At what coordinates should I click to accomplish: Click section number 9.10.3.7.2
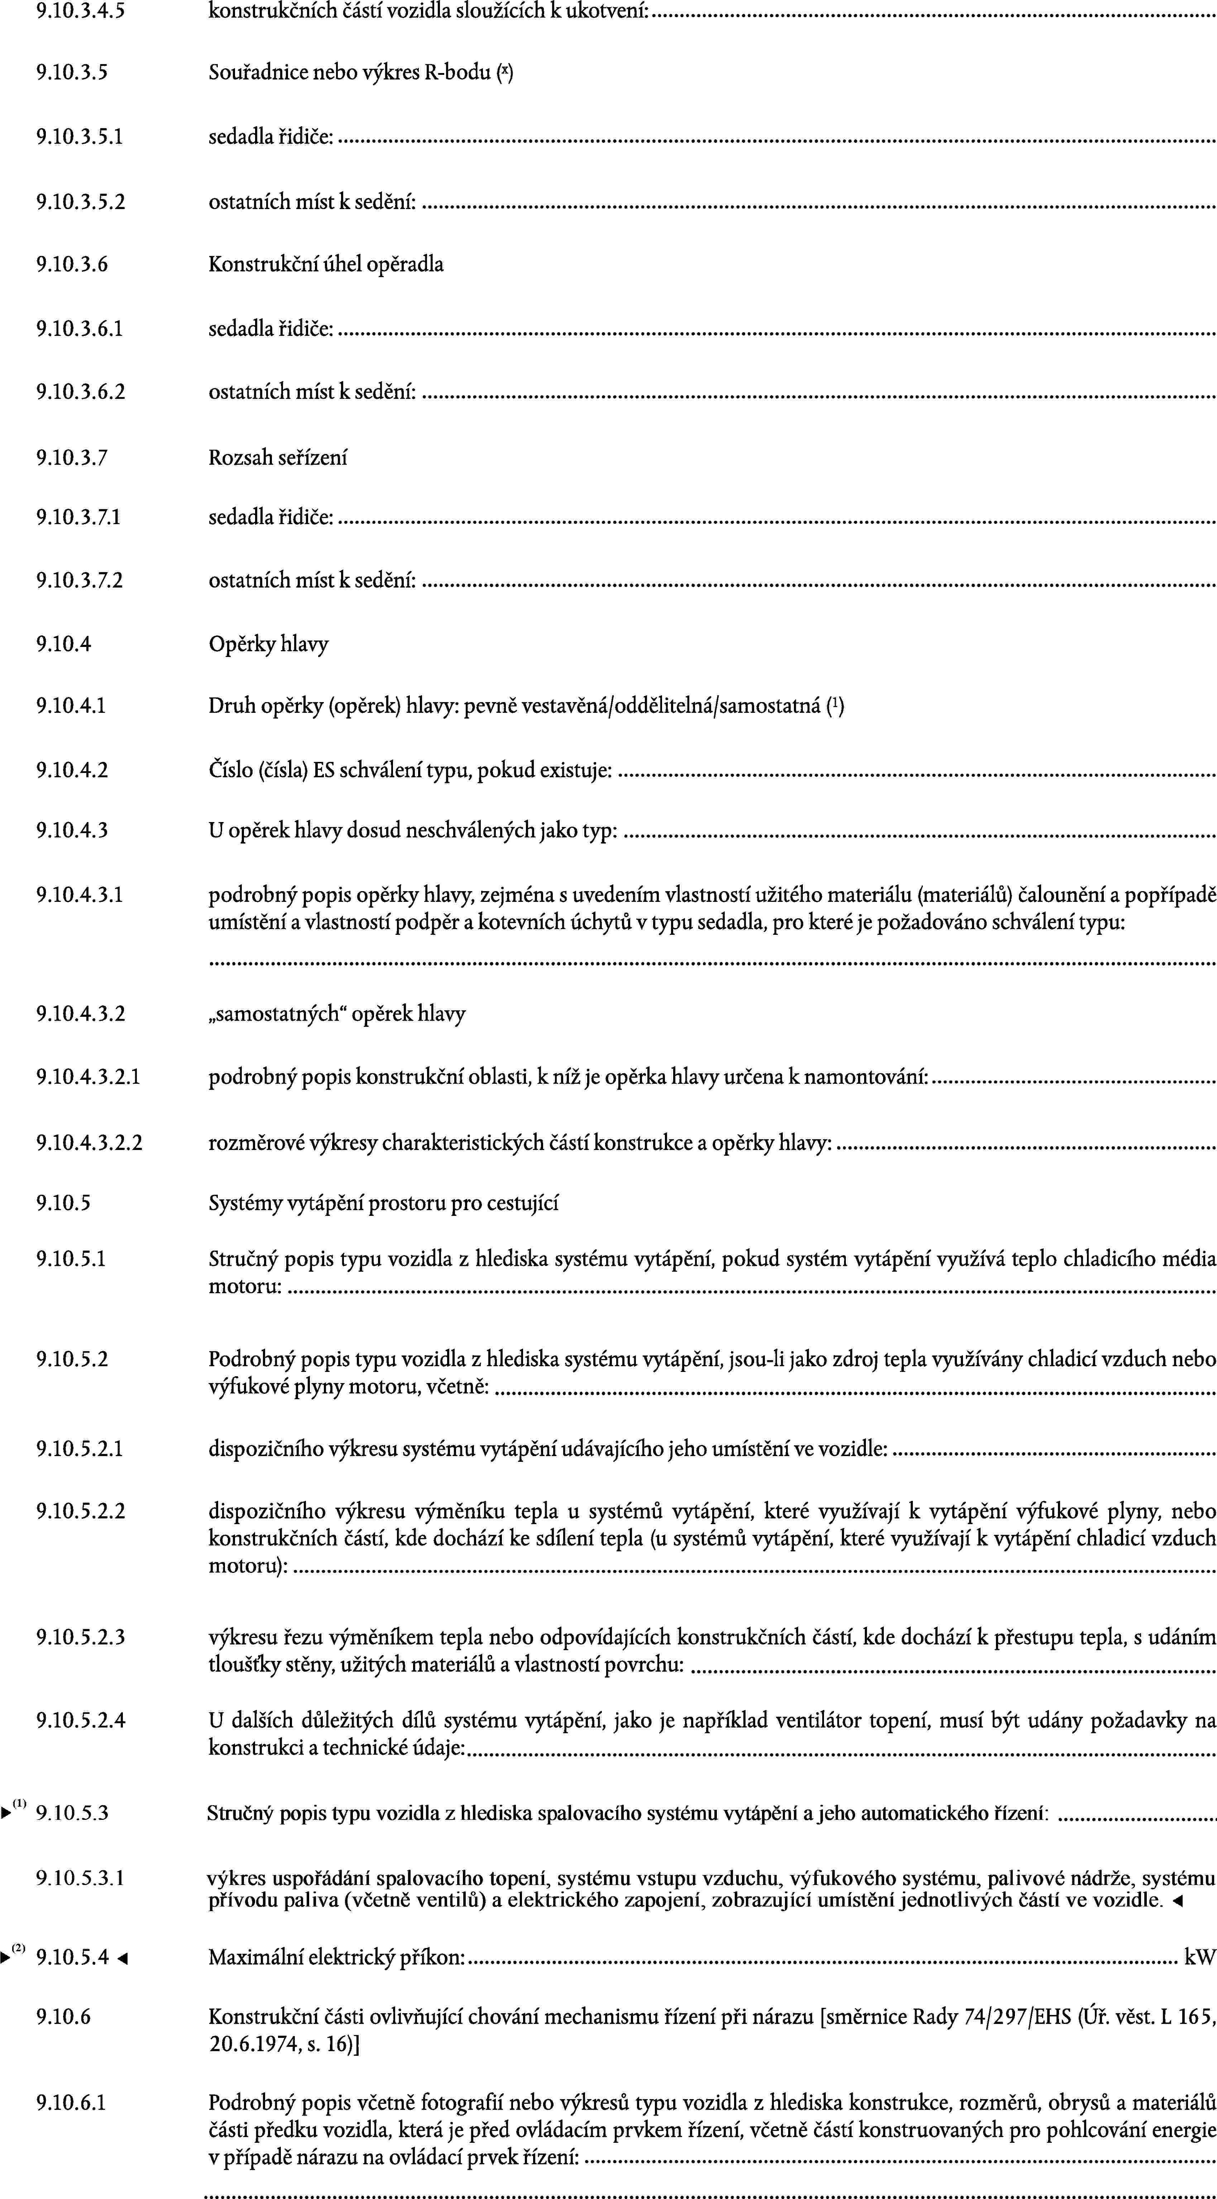click(x=80, y=581)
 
